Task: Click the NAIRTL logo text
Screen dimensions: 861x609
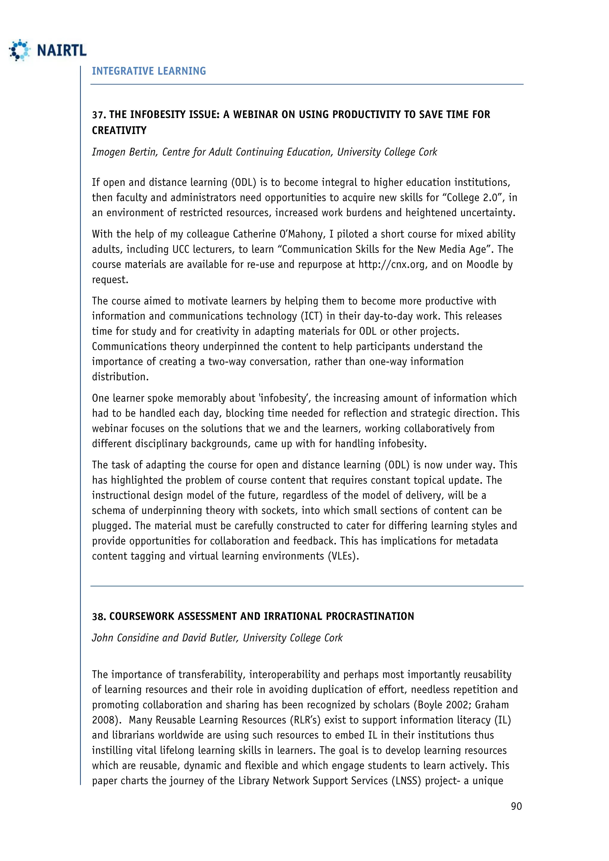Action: (62, 50)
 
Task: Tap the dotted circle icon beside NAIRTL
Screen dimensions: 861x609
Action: (20, 50)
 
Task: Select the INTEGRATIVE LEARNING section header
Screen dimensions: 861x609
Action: (149, 71)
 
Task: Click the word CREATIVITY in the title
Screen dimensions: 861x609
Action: (119, 131)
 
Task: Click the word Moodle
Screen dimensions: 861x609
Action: (482, 264)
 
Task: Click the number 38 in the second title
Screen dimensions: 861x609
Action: (99, 617)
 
